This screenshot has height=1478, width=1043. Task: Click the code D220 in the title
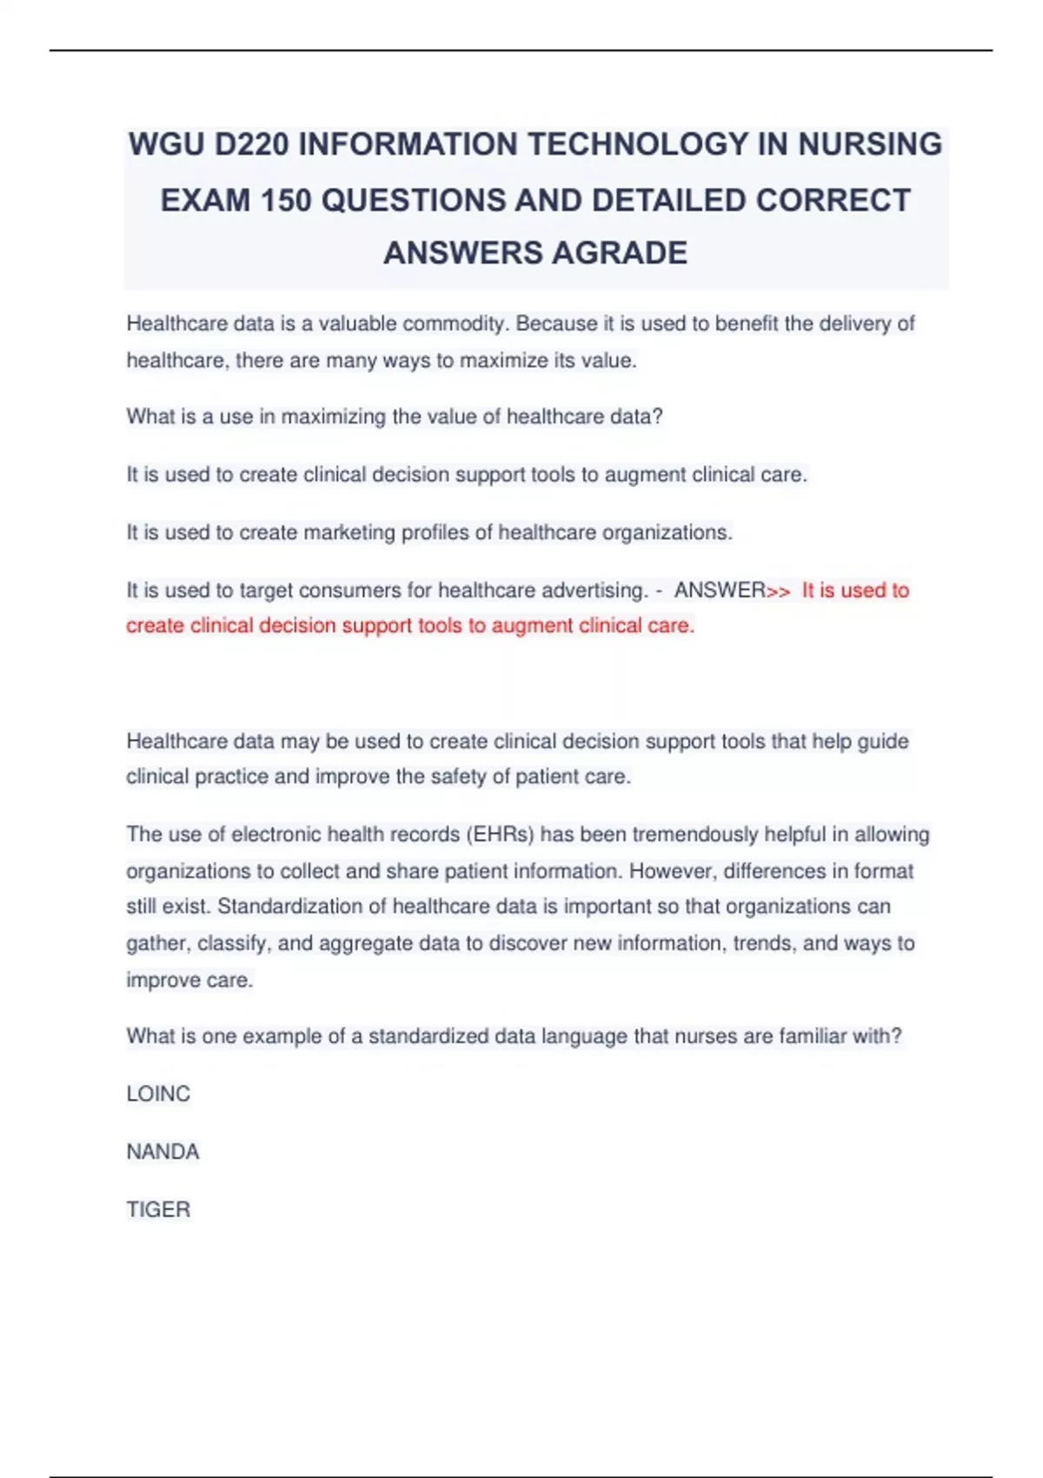[251, 144]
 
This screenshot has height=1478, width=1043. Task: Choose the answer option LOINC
[158, 1094]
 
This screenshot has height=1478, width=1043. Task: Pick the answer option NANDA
[163, 1152]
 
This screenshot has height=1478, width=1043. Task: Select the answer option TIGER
[158, 1209]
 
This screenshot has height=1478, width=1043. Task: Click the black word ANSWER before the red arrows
[720, 590]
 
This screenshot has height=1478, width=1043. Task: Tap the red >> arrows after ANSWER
[779, 591]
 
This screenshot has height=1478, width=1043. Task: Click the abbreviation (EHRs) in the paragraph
[501, 835]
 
